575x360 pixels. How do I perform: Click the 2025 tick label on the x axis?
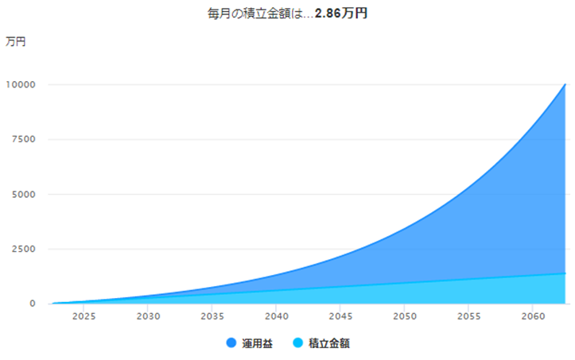84,316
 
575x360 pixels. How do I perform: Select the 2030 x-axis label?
148,316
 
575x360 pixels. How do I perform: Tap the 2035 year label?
212,316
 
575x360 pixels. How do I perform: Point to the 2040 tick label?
277,316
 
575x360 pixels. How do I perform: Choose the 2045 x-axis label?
340,316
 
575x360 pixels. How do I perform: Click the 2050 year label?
405,316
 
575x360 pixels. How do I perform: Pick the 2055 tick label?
469,316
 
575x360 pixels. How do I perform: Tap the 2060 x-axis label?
533,316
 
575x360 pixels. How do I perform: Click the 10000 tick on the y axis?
21,85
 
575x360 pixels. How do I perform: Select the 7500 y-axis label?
24,139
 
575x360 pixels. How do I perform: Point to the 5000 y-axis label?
24,194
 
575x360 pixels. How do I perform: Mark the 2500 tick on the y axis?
24,249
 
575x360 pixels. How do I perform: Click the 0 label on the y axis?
33,304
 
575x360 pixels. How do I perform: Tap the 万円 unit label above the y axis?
15,41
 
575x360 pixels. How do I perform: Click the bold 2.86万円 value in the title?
341,14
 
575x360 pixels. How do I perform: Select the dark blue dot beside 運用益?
231,343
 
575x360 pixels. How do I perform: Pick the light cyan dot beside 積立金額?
298,343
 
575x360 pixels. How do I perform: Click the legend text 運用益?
257,343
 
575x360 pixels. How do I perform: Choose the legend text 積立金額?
329,343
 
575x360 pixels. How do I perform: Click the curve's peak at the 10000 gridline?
565,84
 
